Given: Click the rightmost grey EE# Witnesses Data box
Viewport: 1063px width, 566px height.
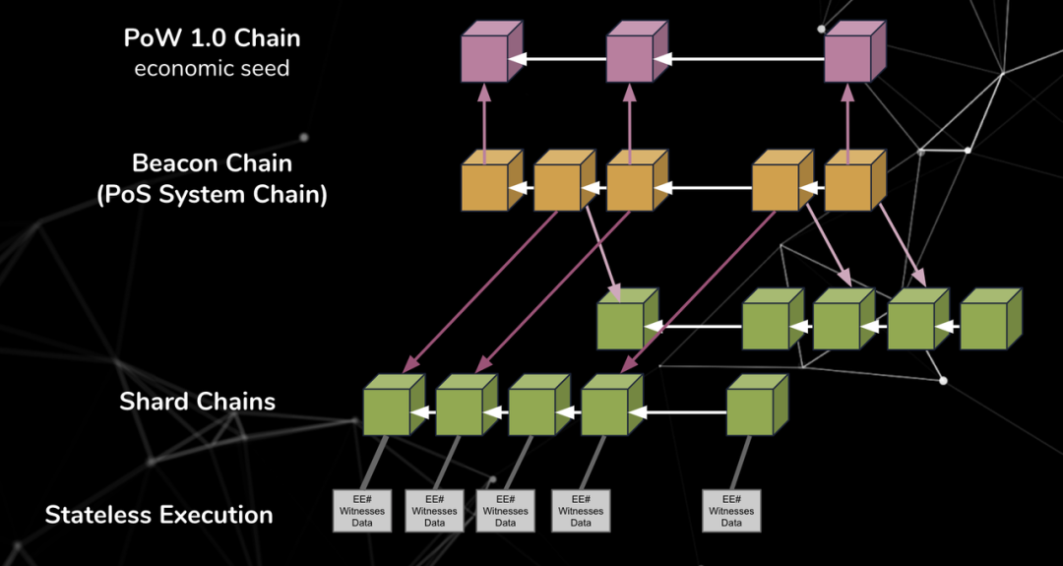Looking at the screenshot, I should coord(731,511).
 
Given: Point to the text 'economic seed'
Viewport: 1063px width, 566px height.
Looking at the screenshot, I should coord(212,69).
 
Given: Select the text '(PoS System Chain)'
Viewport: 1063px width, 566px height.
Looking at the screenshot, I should coord(212,194).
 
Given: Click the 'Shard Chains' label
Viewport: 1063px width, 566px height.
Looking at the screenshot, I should coord(197,402).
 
